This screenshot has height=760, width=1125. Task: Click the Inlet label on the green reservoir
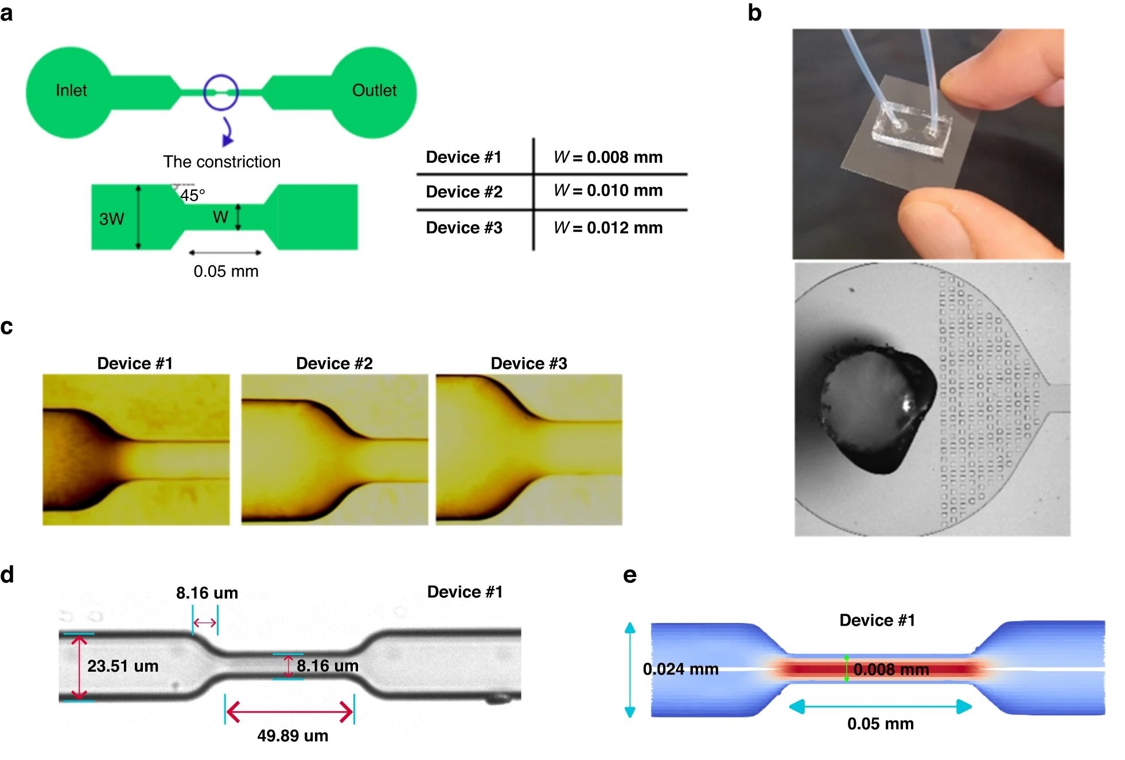(x=71, y=91)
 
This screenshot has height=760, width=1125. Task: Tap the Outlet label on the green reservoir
(x=374, y=91)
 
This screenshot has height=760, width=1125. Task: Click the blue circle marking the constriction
(x=221, y=92)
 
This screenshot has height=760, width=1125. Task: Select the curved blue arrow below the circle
(x=228, y=132)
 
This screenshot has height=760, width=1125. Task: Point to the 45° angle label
(x=192, y=196)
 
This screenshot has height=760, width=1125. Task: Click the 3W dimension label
(x=111, y=219)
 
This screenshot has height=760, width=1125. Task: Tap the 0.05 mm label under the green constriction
(x=225, y=271)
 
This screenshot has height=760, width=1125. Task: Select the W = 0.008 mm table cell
(x=608, y=157)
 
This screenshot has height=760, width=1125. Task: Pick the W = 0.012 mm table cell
(x=608, y=228)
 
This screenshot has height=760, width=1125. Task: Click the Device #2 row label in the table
(x=464, y=192)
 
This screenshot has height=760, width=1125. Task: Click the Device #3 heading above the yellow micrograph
(x=528, y=364)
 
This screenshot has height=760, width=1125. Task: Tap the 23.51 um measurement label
(x=123, y=666)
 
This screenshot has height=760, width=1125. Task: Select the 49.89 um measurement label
(x=293, y=736)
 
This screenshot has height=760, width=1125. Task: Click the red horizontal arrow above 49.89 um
(x=290, y=712)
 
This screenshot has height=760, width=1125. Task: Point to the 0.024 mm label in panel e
(x=680, y=669)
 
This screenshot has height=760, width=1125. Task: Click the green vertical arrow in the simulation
(x=846, y=668)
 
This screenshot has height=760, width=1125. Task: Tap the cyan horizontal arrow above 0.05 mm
(x=880, y=707)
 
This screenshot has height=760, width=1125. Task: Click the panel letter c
(x=7, y=326)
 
